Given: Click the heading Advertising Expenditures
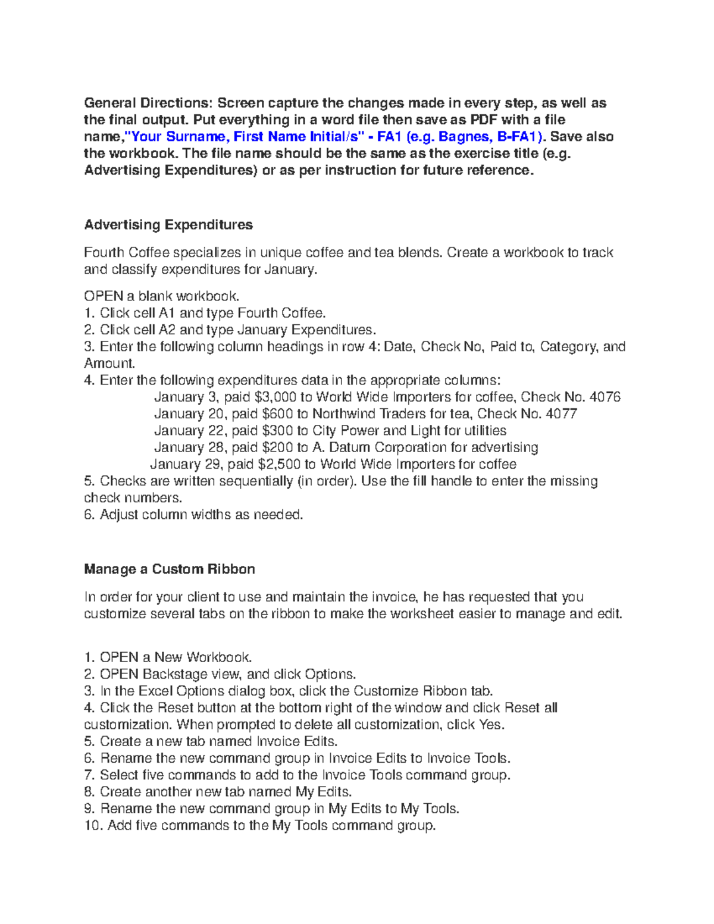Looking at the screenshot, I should click(168, 225).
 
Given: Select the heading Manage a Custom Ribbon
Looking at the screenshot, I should click(170, 569).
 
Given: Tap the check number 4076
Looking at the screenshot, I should click(605, 397).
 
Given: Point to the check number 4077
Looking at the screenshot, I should click(561, 414).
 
